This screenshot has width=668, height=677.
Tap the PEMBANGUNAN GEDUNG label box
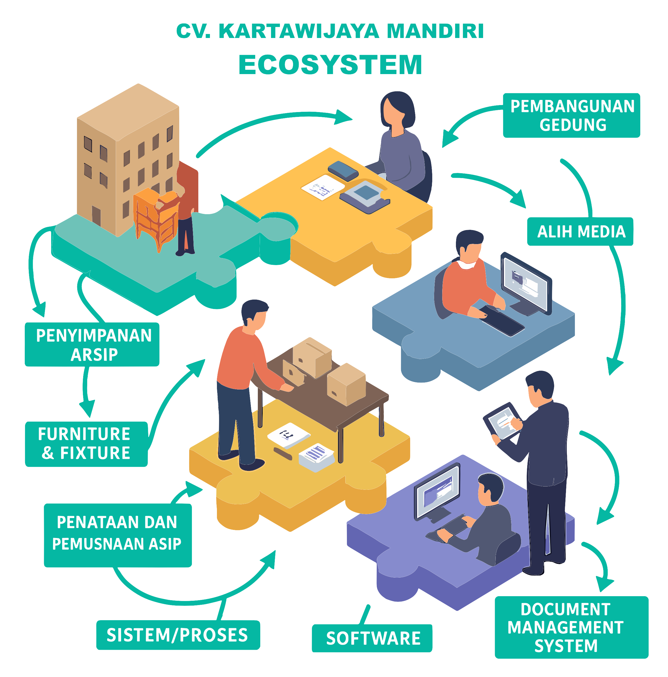point(571,115)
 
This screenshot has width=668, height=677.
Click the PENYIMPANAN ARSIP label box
point(92,345)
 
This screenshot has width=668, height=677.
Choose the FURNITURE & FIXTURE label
point(86,444)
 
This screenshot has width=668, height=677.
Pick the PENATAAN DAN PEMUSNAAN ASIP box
point(118,533)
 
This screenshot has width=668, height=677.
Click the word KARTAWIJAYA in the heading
point(299,32)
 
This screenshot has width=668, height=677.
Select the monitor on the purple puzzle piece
point(438,490)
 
